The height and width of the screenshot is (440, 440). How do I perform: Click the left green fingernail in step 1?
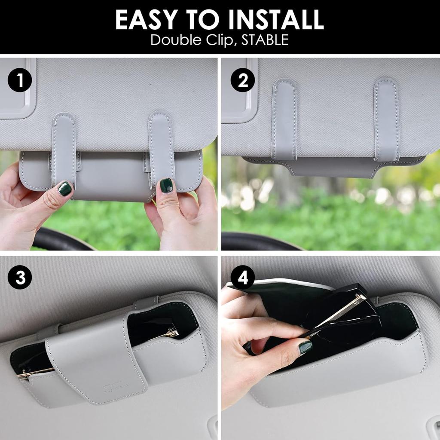tap(65, 189)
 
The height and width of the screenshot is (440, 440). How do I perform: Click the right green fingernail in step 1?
tap(166, 185)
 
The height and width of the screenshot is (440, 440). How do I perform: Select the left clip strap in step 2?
tap(284, 120)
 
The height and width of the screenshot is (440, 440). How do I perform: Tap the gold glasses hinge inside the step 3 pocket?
tap(172, 333)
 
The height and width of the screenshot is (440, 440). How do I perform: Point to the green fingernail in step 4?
tap(305, 347)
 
